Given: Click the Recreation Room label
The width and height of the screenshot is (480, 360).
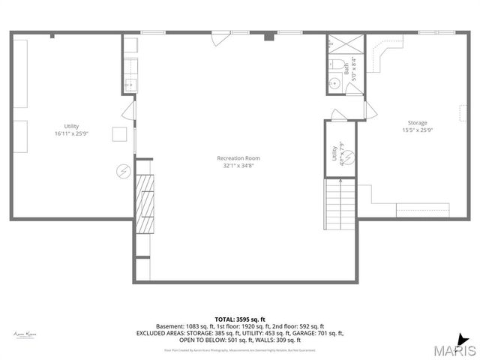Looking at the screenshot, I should (238, 157).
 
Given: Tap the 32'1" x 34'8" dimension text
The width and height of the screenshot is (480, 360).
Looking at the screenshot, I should (238, 166).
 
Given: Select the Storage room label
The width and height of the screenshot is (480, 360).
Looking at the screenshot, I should (417, 122).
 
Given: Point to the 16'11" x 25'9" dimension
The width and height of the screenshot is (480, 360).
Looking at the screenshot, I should (71, 133).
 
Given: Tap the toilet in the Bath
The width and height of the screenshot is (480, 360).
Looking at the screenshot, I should (337, 63).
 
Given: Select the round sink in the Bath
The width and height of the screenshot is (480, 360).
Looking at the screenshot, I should (334, 85).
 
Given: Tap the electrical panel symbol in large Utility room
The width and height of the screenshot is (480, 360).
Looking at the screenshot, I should (123, 171).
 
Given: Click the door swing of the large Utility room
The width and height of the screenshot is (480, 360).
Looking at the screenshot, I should (130, 115).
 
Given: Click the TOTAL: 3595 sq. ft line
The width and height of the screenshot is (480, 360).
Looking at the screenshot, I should (239, 319).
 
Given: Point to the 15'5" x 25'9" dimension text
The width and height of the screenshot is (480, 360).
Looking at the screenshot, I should (417, 130).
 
